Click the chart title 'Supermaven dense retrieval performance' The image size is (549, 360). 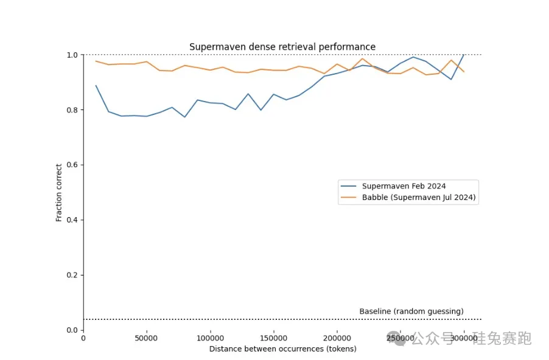click(x=282, y=47)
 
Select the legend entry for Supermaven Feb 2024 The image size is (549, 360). click(x=404, y=186)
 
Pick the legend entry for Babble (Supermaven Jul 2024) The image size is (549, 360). click(x=419, y=198)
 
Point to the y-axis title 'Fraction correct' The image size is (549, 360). click(x=59, y=192)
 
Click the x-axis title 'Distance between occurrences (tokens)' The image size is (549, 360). click(x=282, y=349)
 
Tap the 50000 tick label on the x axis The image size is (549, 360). click(x=147, y=338)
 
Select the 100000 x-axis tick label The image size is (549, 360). click(x=210, y=338)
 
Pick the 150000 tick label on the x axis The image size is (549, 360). click(x=274, y=338)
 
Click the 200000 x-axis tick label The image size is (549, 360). click(x=337, y=338)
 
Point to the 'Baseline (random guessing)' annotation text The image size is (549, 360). click(x=411, y=311)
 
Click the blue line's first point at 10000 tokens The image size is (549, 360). click(x=96, y=86)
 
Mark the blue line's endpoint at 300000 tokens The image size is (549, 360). click(x=464, y=55)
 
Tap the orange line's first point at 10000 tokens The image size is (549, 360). click(x=96, y=61)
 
